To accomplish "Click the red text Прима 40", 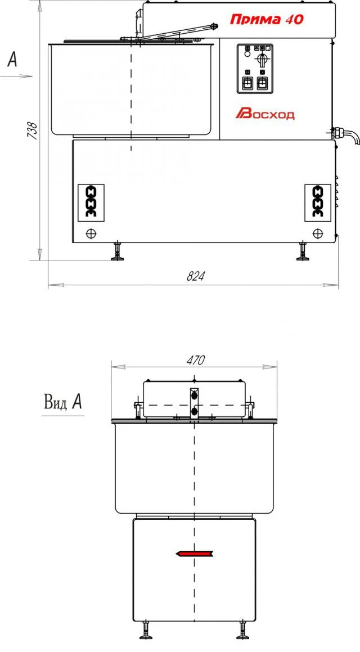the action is [266, 19].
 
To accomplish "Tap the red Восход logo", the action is [265, 114].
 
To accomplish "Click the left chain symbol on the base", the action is [90, 201].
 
